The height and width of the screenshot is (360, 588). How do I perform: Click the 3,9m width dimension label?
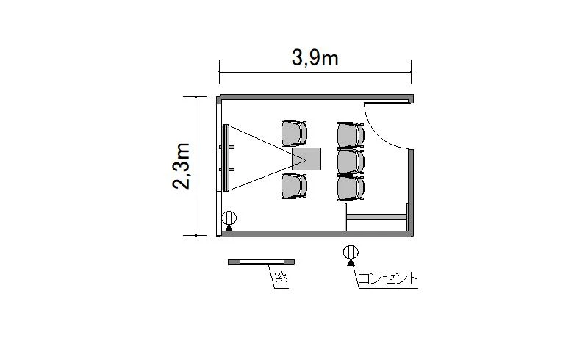pyautogui.click(x=315, y=58)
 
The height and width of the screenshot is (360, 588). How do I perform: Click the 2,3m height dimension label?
pyautogui.click(x=182, y=166)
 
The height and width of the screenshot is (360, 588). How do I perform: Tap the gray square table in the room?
pyautogui.click(x=306, y=159)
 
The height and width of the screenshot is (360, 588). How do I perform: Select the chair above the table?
pyautogui.click(x=295, y=133)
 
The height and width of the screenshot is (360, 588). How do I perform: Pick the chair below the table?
pyautogui.click(x=295, y=186)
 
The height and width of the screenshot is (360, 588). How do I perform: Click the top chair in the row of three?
pyautogui.click(x=351, y=135)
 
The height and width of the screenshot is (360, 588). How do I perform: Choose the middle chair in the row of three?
pyautogui.click(x=351, y=162)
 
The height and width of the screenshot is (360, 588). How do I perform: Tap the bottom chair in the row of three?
pyautogui.click(x=351, y=188)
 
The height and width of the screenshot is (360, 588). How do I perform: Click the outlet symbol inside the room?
pyautogui.click(x=229, y=220)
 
